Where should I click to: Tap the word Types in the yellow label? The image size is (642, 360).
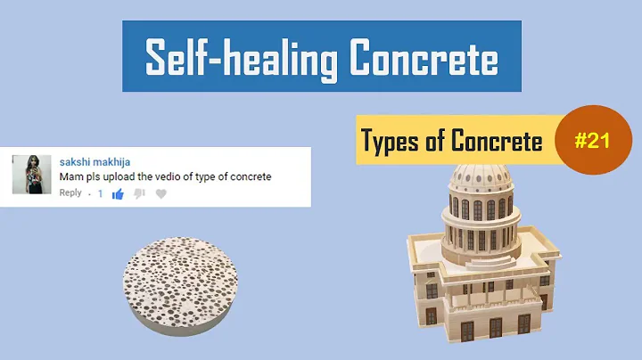pyautogui.click(x=388, y=141)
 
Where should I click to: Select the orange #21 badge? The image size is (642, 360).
pyautogui.click(x=593, y=141)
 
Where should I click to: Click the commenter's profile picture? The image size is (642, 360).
pyautogui.click(x=31, y=174)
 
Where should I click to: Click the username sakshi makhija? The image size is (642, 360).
pyautogui.click(x=95, y=162)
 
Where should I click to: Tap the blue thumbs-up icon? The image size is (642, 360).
pyautogui.click(x=118, y=193)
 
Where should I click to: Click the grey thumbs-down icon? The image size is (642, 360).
pyautogui.click(x=139, y=193)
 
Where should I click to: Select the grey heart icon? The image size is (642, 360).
pyautogui.click(x=160, y=193)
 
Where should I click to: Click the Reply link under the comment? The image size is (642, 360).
pyautogui.click(x=70, y=193)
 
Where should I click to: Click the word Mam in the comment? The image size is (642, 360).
pyautogui.click(x=70, y=176)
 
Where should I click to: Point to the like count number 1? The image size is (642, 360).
pyautogui.click(x=100, y=193)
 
